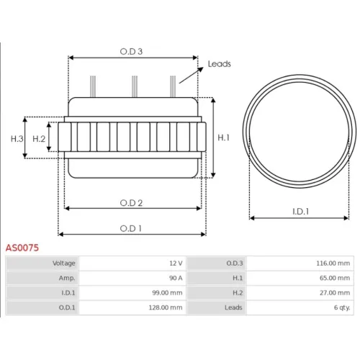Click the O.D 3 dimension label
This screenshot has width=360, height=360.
click(x=131, y=51)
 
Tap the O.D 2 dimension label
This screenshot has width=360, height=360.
click(x=131, y=203)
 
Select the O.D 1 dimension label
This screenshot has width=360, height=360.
click(x=130, y=228)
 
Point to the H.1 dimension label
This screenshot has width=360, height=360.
click(x=223, y=138)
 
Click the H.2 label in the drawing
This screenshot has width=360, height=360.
click(x=39, y=139)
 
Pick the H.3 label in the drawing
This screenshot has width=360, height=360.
click(x=17, y=139)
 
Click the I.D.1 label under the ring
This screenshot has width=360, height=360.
click(x=300, y=212)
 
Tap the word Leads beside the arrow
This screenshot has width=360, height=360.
click(x=219, y=64)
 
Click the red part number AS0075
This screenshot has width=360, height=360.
click(x=22, y=248)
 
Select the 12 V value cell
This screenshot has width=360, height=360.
click(x=132, y=264)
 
